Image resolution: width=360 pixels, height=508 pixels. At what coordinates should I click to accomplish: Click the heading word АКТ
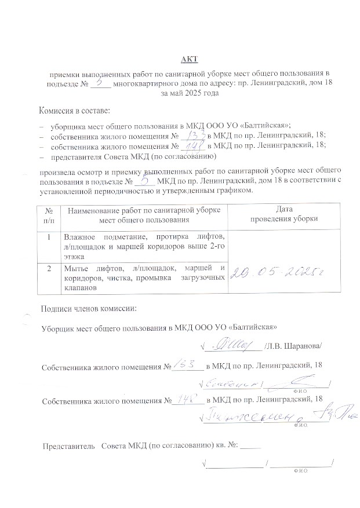189,59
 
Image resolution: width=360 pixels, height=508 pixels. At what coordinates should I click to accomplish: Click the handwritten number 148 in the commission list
191,145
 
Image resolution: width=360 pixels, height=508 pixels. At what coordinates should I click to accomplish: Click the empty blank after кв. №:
250,447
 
